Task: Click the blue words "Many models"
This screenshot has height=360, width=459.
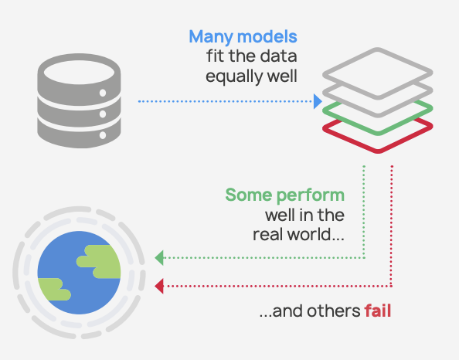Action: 243,38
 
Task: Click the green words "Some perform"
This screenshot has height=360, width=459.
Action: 285,195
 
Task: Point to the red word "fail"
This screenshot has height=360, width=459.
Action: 378,311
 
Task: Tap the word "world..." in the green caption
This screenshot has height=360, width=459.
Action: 315,235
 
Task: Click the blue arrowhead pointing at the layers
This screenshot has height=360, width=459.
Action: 318,101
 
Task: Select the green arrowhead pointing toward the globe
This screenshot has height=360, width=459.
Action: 159,258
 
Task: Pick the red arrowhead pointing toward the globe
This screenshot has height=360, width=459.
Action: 159,286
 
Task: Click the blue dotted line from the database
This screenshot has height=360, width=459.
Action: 225,101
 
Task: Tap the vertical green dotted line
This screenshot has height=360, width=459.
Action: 364,212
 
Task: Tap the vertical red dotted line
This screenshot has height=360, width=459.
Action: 392,226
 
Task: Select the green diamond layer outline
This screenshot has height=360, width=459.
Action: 378,133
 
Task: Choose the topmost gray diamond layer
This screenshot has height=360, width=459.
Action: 378,49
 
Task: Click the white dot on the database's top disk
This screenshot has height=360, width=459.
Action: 103,93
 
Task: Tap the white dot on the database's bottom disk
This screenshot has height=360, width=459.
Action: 103,135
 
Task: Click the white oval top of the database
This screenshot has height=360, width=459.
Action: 79,73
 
